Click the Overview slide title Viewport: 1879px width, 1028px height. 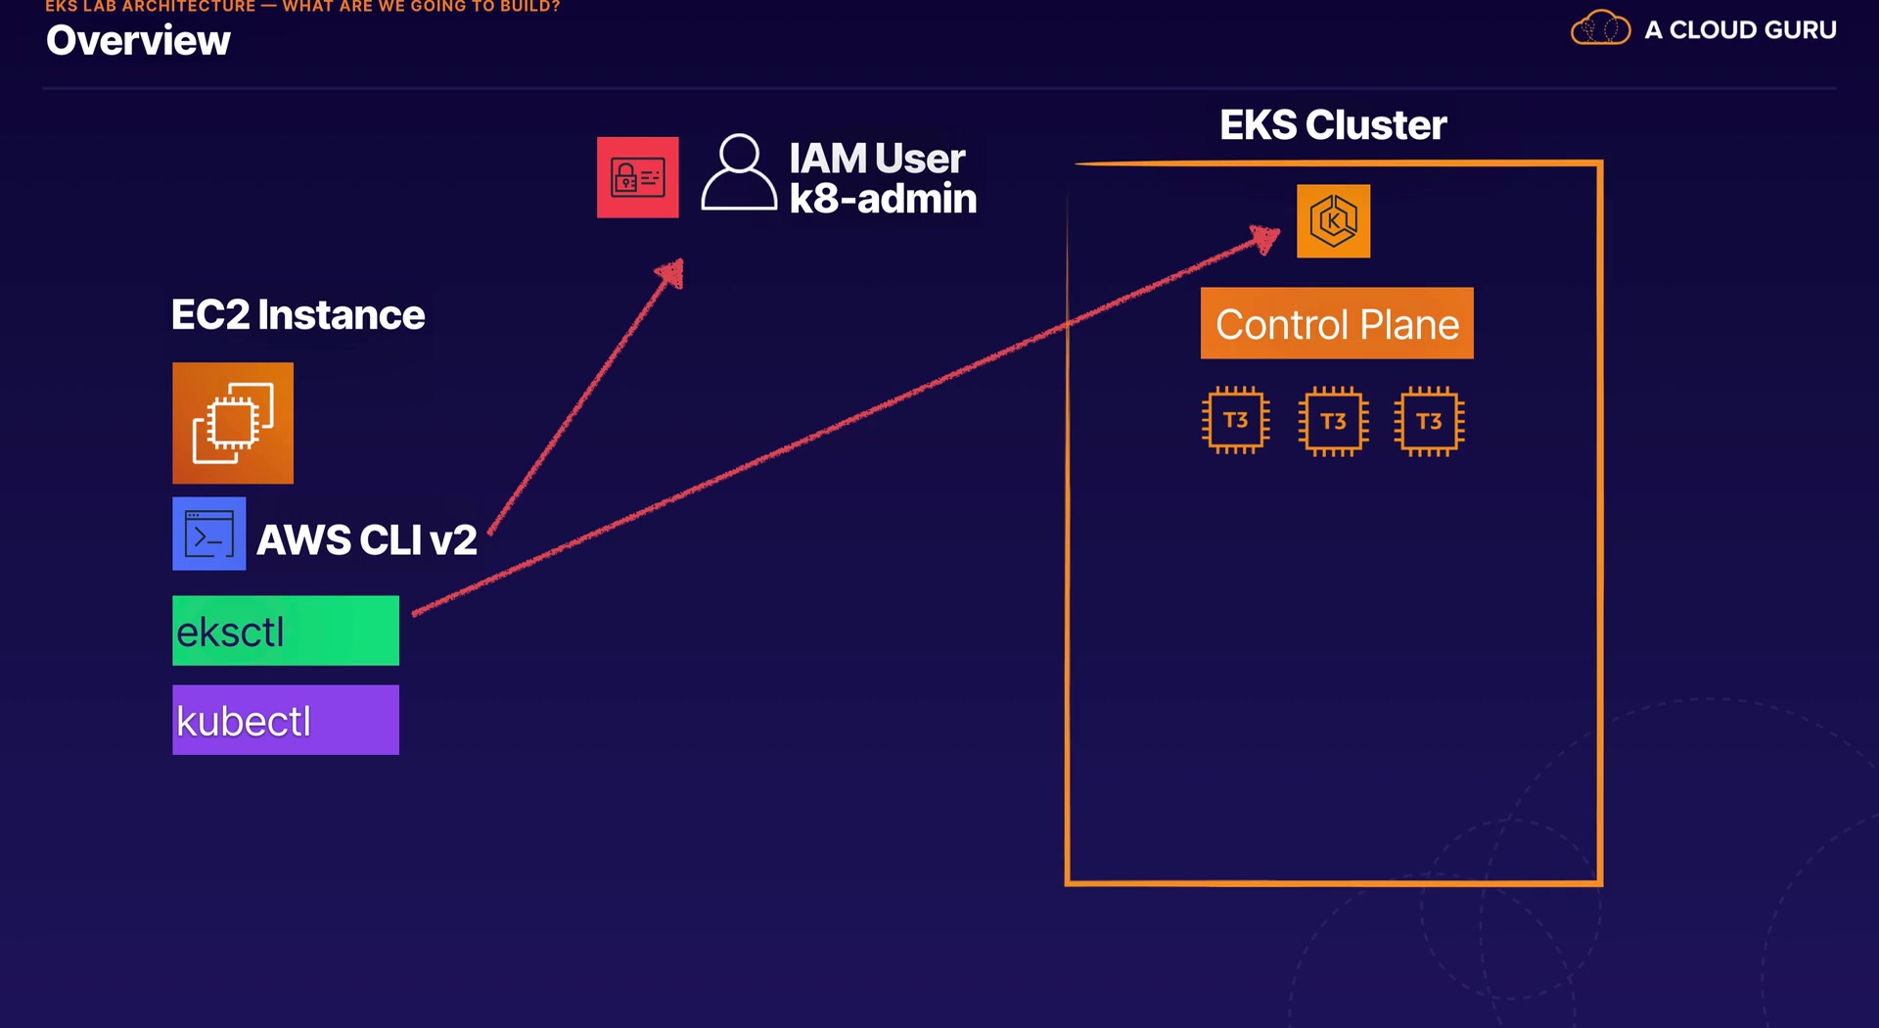[138, 41]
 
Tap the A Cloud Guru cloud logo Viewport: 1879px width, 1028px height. [1600, 28]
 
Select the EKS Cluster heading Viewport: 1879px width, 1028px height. [1332, 125]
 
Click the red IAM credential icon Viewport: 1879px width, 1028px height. [637, 177]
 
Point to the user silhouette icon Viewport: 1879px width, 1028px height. [739, 172]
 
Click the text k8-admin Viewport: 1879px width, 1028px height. [883, 199]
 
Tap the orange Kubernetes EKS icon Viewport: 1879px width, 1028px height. [1333, 221]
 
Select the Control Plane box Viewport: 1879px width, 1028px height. [1336, 323]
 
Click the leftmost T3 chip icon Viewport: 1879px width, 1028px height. [1235, 421]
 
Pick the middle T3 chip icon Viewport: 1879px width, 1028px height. [1333, 422]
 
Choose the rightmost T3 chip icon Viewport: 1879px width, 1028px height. [1429, 422]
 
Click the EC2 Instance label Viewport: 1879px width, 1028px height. [298, 315]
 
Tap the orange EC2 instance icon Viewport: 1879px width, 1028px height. [233, 423]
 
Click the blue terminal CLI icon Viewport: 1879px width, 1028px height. [208, 534]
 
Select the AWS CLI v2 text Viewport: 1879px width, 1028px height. [367, 540]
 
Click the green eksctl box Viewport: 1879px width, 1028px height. [286, 631]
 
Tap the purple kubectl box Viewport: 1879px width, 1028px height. [286, 720]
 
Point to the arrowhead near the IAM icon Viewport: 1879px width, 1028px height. [672, 271]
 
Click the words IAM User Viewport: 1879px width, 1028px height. [877, 159]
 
